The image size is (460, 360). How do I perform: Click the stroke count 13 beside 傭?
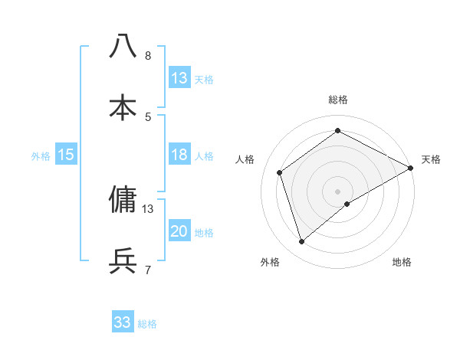tap(148, 208)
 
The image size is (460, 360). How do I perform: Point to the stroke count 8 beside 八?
tap(148, 55)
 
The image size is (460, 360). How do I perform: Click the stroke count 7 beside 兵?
tap(148, 270)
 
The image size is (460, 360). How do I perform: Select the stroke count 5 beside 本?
tap(148, 116)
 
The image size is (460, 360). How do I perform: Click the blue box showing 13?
tap(179, 78)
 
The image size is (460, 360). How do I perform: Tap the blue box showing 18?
tap(179, 155)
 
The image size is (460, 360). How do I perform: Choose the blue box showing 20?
tap(179, 231)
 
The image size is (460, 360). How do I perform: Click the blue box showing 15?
tap(66, 155)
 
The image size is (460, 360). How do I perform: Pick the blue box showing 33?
tap(123, 322)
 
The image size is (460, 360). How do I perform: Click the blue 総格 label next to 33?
tap(147, 324)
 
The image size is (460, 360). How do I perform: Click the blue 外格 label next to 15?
tap(41, 156)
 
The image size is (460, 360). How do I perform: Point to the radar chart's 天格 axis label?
tap(431, 159)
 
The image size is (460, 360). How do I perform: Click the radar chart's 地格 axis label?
tap(402, 262)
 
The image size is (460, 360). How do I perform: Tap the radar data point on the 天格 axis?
tap(411, 169)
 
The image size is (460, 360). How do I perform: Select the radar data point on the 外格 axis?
tap(302, 242)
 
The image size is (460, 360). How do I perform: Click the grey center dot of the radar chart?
tap(338, 191)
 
